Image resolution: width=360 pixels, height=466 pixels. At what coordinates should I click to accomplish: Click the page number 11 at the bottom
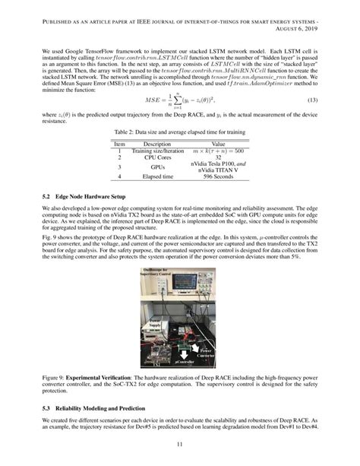(x=180, y=445)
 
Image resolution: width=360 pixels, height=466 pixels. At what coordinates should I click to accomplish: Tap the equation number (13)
(x=317, y=101)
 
